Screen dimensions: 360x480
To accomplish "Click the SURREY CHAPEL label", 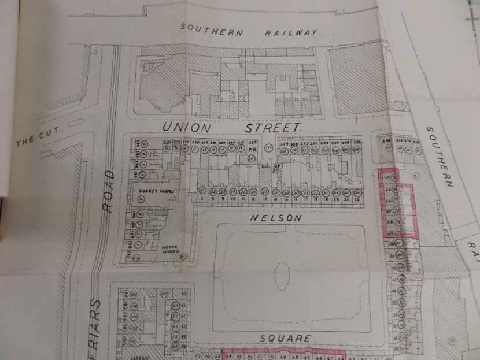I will point(152,190).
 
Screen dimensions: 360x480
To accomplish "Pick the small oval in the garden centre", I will point(283,276).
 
